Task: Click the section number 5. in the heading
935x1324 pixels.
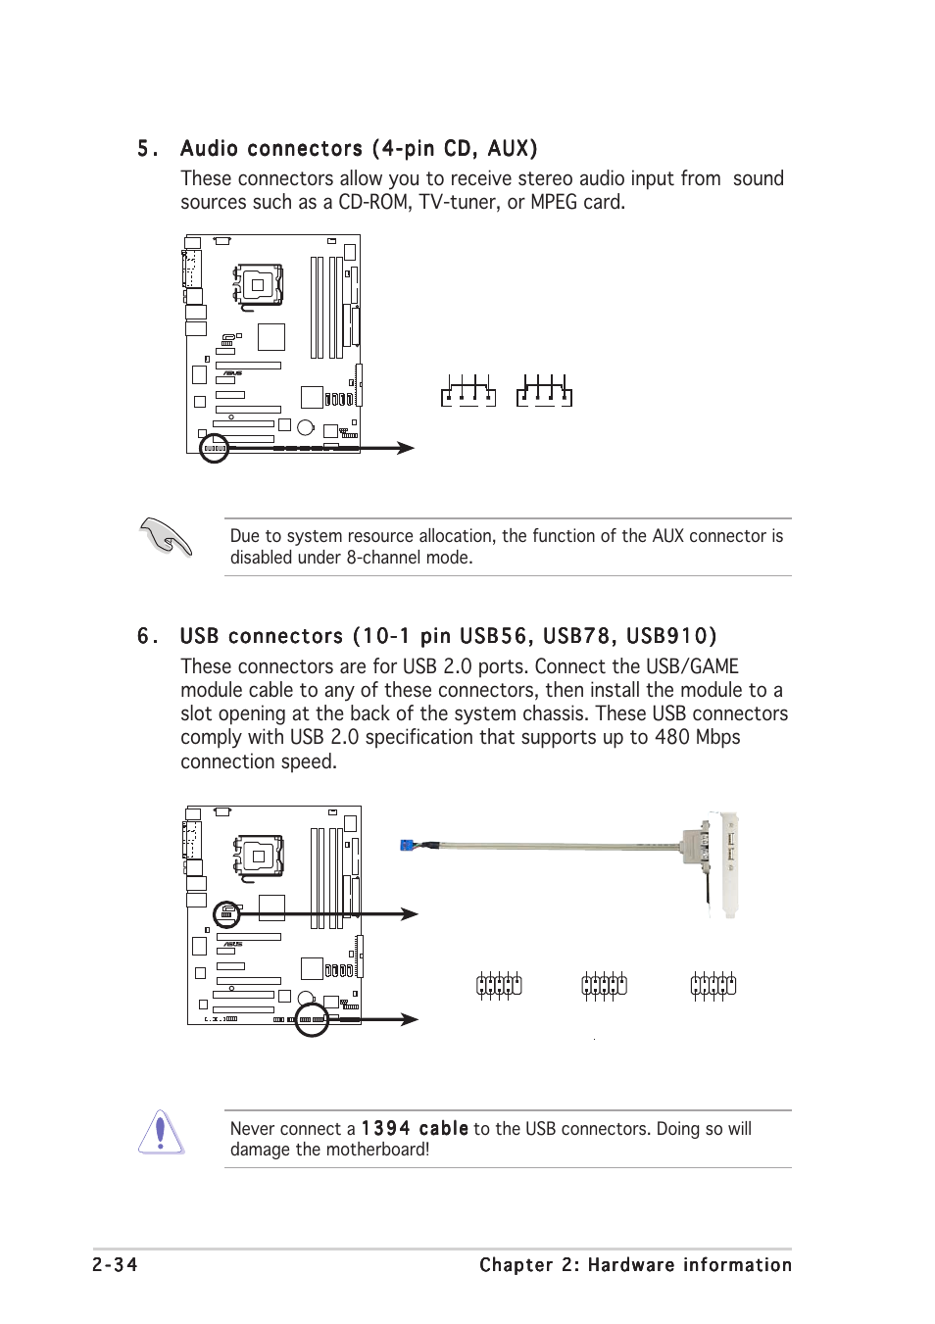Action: pyautogui.click(x=147, y=149)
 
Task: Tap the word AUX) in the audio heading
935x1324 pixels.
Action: pyautogui.click(x=513, y=149)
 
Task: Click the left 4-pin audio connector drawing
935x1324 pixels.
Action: pyautogui.click(x=467, y=391)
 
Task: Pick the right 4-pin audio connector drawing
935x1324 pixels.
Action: pyautogui.click(x=544, y=391)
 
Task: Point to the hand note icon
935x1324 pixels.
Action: pyautogui.click(x=166, y=537)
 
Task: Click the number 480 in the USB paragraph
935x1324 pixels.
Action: pyautogui.click(x=672, y=738)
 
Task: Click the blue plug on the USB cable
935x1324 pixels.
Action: pyautogui.click(x=411, y=845)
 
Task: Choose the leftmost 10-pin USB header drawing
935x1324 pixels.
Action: pyautogui.click(x=499, y=985)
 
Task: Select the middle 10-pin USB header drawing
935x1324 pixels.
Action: pyautogui.click(x=604, y=985)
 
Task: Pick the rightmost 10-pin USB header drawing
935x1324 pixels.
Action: pyautogui.click(x=713, y=985)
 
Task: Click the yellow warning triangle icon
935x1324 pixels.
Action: pyautogui.click(x=162, y=1134)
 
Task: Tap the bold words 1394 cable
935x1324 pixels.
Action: pyautogui.click(x=415, y=1129)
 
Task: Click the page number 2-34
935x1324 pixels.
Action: pyautogui.click(x=115, y=1265)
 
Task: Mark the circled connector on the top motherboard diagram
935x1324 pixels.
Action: pyautogui.click(x=214, y=449)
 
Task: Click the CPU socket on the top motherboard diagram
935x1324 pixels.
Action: pyautogui.click(x=258, y=285)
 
